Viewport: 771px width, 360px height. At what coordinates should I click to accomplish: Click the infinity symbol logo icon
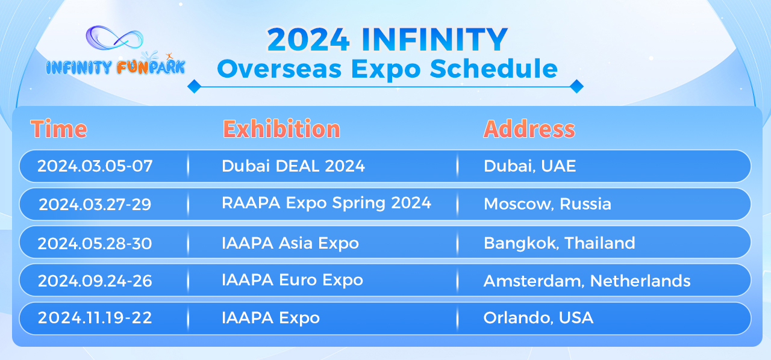click(x=115, y=42)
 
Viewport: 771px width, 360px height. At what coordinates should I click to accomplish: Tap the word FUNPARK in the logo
click(x=151, y=67)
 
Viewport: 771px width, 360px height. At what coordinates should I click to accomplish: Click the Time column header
click(x=58, y=129)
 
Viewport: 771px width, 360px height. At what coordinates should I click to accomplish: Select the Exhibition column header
click(x=281, y=129)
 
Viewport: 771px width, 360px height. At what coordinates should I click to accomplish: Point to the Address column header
click(x=529, y=129)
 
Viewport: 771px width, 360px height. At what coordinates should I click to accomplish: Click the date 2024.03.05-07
click(x=95, y=166)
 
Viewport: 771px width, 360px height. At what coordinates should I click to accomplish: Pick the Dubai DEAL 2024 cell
click(x=293, y=166)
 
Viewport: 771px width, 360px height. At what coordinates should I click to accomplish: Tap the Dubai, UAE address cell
click(x=529, y=166)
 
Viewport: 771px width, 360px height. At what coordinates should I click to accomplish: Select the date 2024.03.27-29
click(x=95, y=205)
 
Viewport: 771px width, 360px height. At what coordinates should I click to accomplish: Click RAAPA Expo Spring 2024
click(x=326, y=203)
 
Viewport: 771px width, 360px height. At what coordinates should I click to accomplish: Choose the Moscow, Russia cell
click(x=547, y=205)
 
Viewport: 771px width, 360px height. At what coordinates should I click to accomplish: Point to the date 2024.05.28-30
click(x=95, y=243)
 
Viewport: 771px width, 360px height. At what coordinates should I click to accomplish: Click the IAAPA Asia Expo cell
click(x=290, y=243)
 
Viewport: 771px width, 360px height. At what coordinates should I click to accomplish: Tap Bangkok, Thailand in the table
click(x=559, y=243)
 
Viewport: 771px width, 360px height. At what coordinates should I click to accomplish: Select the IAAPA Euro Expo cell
click(x=292, y=280)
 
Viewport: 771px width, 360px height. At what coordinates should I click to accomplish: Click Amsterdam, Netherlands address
click(x=587, y=281)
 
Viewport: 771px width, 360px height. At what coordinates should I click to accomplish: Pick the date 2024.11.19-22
click(x=95, y=318)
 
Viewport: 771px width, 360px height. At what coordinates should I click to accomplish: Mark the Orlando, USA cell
click(x=538, y=318)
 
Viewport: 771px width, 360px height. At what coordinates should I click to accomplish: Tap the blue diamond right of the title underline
click(x=576, y=86)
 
